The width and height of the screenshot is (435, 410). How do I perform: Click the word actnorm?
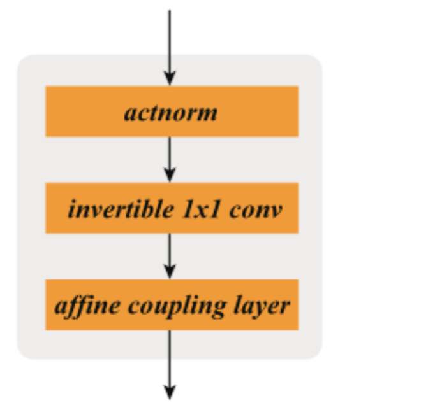[x=170, y=113]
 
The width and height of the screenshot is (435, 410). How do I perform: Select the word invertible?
[x=121, y=209]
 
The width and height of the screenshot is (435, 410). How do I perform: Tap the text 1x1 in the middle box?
[x=202, y=209]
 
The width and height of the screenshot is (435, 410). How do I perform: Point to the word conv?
[x=256, y=211]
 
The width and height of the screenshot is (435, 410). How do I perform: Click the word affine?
[x=87, y=307]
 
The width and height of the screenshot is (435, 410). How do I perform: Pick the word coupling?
[x=177, y=307]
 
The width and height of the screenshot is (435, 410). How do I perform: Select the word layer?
[x=262, y=307]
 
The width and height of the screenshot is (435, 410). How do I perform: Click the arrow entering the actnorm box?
[x=170, y=48]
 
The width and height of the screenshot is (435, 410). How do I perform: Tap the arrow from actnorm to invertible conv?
[x=170, y=160]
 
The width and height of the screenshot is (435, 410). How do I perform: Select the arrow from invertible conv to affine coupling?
[x=170, y=257]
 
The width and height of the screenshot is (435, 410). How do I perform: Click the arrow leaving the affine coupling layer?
[x=170, y=365]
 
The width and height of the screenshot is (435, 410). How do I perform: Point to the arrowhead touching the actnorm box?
[x=170, y=78]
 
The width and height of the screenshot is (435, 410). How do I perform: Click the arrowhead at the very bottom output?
[x=170, y=393]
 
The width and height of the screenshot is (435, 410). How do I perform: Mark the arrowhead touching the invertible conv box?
[x=170, y=176]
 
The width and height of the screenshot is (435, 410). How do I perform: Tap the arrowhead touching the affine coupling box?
[x=170, y=272]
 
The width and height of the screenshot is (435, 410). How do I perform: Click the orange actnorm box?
[x=172, y=111]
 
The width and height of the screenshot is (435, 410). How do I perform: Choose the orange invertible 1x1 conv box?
[x=172, y=208]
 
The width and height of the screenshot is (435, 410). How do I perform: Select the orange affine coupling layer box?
[x=172, y=305]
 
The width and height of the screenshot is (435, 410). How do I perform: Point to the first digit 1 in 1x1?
[x=188, y=209]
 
